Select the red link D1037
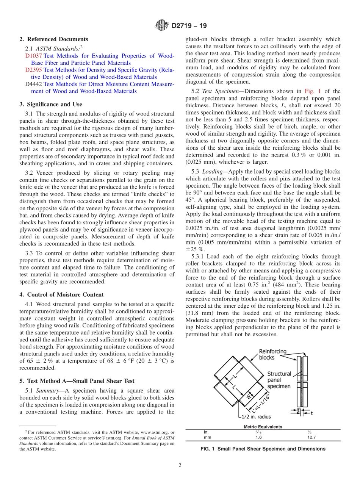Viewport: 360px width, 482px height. pyautogui.click(x=34, y=56)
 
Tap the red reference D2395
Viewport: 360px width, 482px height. pyautogui.click(x=34, y=70)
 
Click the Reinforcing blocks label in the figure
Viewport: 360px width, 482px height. pyautogui.click(x=272, y=354)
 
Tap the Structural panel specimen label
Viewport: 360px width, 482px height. pyautogui.click(x=279, y=380)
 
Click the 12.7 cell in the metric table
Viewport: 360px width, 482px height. pyautogui.click(x=311, y=437)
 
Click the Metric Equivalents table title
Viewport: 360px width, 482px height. pyautogui.click(x=263, y=427)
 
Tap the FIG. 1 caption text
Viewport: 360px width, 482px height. pyautogui.click(x=263, y=449)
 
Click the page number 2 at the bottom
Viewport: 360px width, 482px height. pyautogui.click(x=180, y=465)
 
